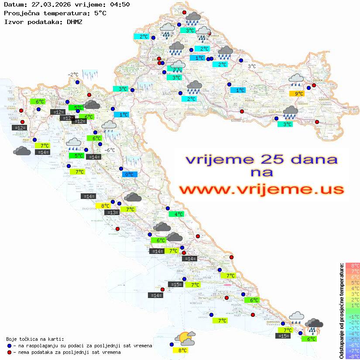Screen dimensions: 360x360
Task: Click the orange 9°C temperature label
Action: tap(299, 94)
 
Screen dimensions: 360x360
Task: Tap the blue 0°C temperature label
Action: tap(129, 174)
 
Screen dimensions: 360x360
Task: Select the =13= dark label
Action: tap(112, 213)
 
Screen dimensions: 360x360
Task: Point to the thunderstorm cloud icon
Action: tap(314, 326)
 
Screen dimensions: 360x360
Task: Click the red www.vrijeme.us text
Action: tap(261, 190)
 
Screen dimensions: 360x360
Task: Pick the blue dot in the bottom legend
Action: tap(10, 346)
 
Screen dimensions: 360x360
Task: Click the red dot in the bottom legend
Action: tap(10, 352)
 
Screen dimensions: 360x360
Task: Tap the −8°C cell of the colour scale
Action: tap(352, 356)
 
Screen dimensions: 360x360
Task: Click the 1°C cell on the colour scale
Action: tap(352, 305)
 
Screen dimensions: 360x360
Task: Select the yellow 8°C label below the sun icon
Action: tap(182, 350)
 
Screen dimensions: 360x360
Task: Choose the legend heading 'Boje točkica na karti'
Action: tap(35, 339)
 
